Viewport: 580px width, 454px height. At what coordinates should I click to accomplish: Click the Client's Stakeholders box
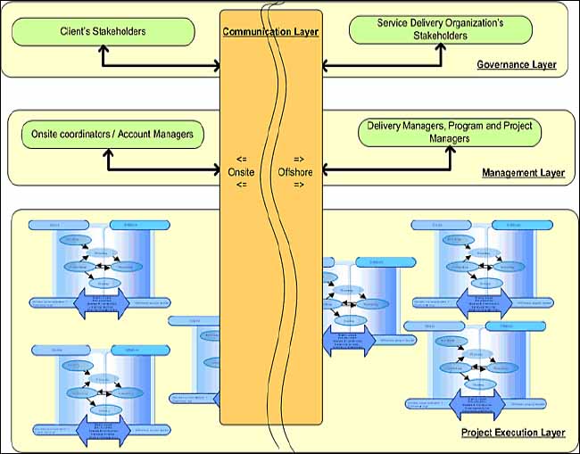click(x=104, y=31)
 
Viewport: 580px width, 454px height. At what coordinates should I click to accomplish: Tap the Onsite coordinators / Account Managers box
click(x=112, y=135)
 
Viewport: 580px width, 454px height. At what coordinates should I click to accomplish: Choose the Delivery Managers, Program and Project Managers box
click(x=450, y=132)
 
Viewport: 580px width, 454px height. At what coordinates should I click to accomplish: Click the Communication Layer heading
click(x=271, y=32)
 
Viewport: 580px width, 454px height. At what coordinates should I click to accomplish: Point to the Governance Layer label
click(x=516, y=65)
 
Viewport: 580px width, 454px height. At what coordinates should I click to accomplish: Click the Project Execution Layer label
click(x=512, y=433)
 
